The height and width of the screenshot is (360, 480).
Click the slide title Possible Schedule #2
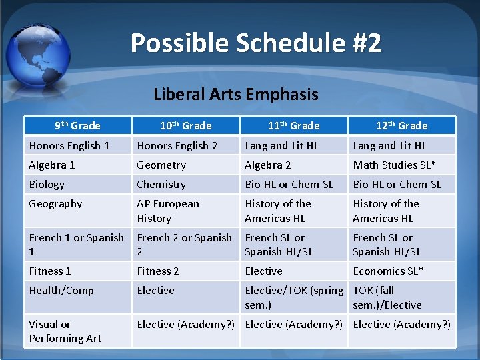click(256, 43)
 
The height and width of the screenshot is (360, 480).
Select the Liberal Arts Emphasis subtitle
click(236, 94)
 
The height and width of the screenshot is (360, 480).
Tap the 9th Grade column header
click(77, 125)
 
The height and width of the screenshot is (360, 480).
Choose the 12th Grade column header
click(401, 125)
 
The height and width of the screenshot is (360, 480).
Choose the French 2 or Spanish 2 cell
click(185, 244)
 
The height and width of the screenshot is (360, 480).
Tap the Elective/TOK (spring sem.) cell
click(294, 297)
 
